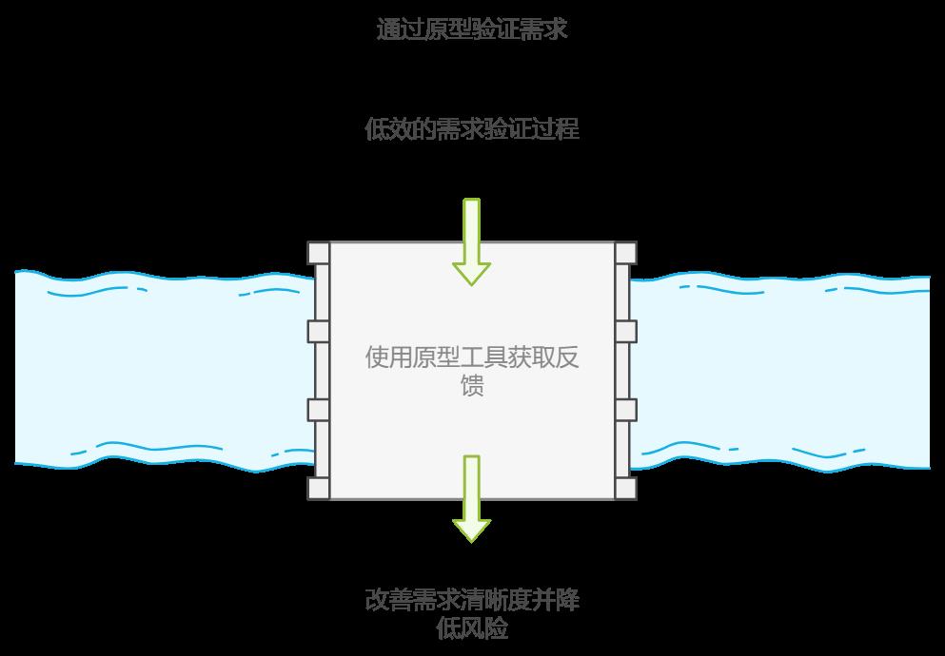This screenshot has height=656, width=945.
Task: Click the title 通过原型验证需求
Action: coord(472,29)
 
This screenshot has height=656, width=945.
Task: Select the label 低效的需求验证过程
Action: coord(472,129)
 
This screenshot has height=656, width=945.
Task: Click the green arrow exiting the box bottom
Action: coord(471,499)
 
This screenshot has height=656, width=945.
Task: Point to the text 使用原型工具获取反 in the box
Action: coord(472,357)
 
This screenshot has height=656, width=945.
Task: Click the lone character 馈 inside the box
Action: coord(472,387)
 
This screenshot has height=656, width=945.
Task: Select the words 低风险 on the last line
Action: coord(472,628)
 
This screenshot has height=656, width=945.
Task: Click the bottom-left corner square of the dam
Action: coord(319,488)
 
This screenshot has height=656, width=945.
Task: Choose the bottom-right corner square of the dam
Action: coord(625,488)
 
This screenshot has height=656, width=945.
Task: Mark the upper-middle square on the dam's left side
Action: coord(319,332)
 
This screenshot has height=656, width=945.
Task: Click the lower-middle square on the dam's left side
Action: coord(319,410)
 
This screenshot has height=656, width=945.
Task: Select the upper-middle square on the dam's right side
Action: coord(625,332)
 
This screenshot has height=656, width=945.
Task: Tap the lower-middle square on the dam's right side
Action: coord(625,410)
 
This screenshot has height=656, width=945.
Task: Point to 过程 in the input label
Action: coord(556,129)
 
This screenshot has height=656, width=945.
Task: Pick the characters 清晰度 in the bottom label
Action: coord(496,601)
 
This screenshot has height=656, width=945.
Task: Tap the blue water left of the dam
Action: coord(162,371)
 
